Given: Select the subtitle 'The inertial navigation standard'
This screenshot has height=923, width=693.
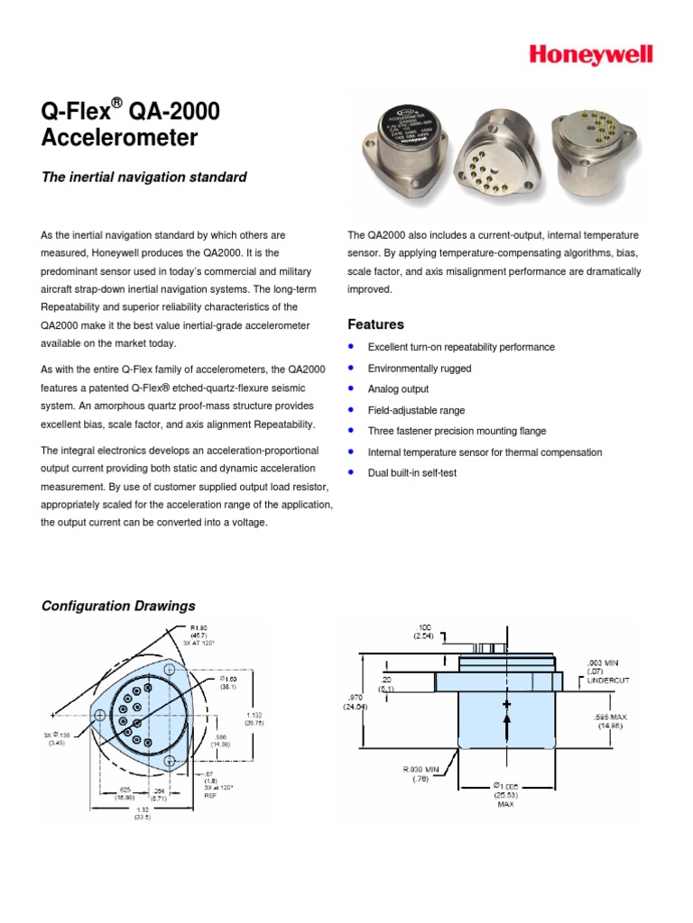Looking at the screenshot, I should pos(144,178).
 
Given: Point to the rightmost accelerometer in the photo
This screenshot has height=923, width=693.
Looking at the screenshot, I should pos(590,150).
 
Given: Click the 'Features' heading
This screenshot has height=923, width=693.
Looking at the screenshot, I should pos(375,324).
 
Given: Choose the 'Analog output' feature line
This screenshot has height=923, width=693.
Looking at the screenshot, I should pos(398,389).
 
